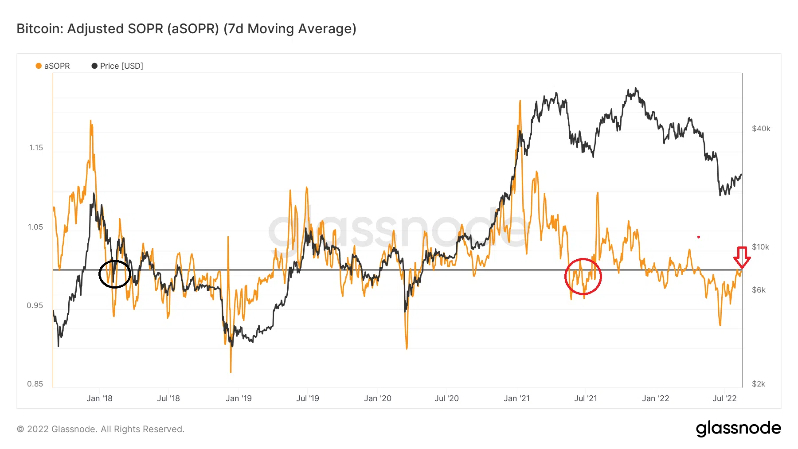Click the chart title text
[186, 29]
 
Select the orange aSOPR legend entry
[53, 66]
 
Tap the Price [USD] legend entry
[117, 66]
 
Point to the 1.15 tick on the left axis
[36, 148]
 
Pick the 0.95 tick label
[35, 305]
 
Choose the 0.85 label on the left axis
[35, 384]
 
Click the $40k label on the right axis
[761, 129]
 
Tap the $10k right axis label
[760, 247]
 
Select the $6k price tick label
[759, 290]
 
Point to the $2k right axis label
[759, 384]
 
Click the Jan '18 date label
[99, 398]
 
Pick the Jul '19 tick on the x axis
[308, 398]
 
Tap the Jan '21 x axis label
[516, 398]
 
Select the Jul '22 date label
[724, 398]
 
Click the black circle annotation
[114, 274]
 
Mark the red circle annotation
[583, 277]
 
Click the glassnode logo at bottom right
[738, 429]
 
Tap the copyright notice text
[101, 429]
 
